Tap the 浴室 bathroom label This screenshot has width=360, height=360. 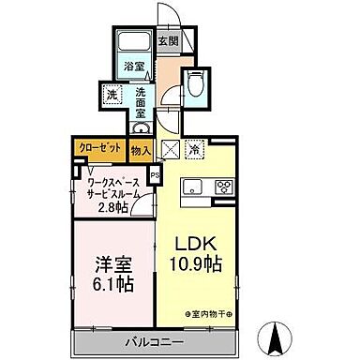(134, 67)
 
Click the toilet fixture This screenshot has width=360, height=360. (194, 82)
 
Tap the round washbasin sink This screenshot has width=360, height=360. (141, 127)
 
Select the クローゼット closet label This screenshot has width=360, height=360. (98, 147)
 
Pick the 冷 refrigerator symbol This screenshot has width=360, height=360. (194, 148)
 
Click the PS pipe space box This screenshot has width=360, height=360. (155, 174)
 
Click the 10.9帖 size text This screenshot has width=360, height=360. (197, 264)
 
